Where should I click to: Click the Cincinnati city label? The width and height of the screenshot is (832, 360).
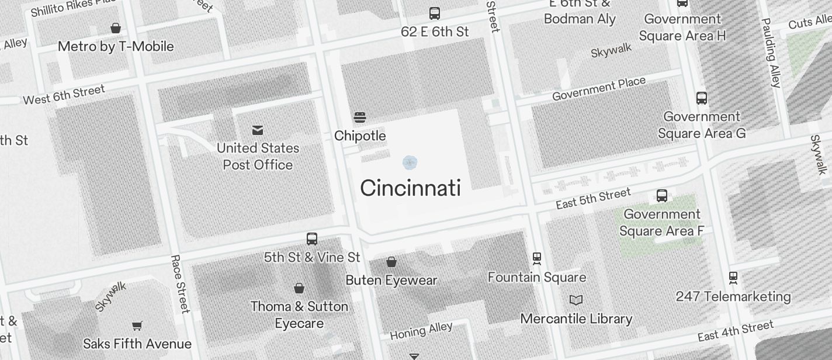[410, 188]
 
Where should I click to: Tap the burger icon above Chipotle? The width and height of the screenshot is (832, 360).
[360, 117]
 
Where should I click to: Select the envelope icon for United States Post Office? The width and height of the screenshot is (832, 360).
[258, 130]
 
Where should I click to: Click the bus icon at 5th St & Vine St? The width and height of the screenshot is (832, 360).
[312, 238]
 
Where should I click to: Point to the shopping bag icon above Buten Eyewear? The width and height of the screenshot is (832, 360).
[391, 262]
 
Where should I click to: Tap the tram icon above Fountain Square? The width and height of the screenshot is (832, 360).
[537, 258]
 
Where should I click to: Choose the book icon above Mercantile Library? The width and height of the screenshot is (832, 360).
[576, 300]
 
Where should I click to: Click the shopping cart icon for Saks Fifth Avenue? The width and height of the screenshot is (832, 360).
[137, 326]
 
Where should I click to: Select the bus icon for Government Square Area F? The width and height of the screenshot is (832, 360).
[661, 196]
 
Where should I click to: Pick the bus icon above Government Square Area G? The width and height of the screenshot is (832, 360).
[702, 98]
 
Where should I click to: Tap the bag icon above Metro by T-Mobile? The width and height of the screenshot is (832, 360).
[116, 28]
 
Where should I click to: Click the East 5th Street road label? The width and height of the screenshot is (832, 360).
[593, 198]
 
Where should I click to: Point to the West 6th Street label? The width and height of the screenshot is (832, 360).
[64, 95]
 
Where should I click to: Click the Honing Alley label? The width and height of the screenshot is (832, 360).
[421, 330]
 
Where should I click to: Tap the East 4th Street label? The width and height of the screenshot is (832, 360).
[735, 331]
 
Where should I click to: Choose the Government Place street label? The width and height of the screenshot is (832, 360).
[599, 88]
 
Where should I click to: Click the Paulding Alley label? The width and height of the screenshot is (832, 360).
[771, 53]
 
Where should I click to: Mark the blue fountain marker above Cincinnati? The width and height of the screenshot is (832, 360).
[410, 162]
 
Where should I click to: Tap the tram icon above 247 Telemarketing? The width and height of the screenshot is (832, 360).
[733, 278]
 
